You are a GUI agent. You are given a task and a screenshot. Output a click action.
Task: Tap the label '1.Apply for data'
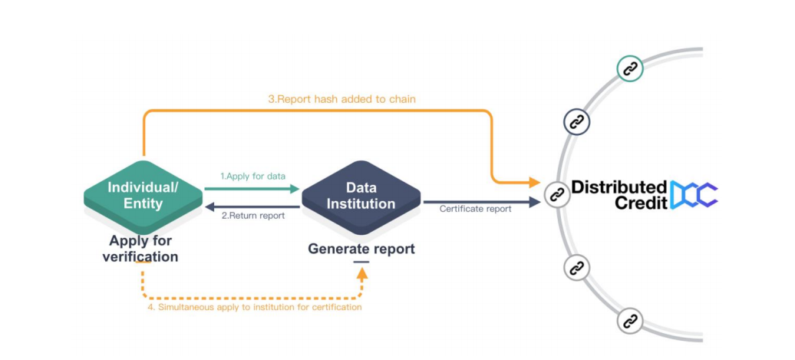click(x=253, y=177)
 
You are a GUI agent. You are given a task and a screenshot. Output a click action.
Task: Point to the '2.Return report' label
click(x=253, y=216)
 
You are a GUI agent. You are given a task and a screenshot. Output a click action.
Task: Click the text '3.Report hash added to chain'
click(x=341, y=99)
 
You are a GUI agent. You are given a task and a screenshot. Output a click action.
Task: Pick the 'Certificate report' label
click(x=476, y=209)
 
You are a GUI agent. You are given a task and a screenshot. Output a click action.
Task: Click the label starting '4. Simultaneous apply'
click(x=252, y=307)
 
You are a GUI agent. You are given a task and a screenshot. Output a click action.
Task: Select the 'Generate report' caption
click(x=361, y=249)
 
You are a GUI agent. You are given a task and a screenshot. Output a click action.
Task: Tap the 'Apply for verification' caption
click(x=140, y=249)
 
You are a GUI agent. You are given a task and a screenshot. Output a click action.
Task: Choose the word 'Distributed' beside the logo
click(x=619, y=187)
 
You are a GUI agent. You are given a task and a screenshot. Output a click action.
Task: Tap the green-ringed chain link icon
click(x=630, y=68)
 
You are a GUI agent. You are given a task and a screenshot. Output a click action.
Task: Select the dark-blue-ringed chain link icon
click(x=577, y=122)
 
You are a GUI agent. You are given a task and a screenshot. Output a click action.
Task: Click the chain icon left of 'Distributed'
click(x=557, y=194)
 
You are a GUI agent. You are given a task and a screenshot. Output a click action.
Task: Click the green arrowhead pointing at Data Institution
click(x=295, y=189)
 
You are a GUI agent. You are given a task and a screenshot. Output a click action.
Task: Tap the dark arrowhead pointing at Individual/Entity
click(x=210, y=207)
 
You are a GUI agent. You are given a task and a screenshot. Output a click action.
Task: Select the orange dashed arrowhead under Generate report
click(x=361, y=274)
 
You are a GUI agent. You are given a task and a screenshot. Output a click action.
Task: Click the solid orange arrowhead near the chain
click(x=534, y=181)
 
